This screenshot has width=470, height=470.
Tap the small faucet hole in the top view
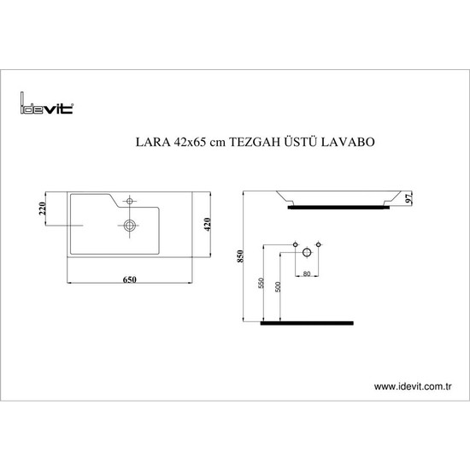pyautogui.click(x=128, y=202)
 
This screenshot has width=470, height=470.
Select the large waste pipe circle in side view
pyautogui.click(x=307, y=255)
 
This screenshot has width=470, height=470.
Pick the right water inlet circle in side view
pyautogui.click(x=319, y=244)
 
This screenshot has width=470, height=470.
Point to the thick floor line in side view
pyautogui.click(x=306, y=322)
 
